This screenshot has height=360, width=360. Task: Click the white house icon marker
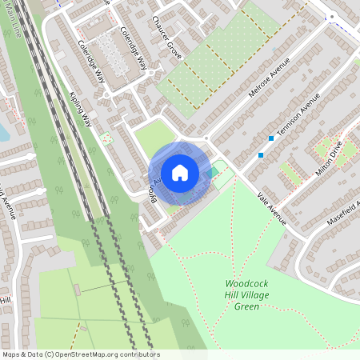click(x=179, y=172)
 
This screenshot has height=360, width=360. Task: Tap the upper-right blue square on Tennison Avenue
click(x=271, y=138)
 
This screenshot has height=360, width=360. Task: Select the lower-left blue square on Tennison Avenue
click(x=261, y=154)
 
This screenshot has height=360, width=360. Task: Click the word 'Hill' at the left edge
click(x=5, y=300)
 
